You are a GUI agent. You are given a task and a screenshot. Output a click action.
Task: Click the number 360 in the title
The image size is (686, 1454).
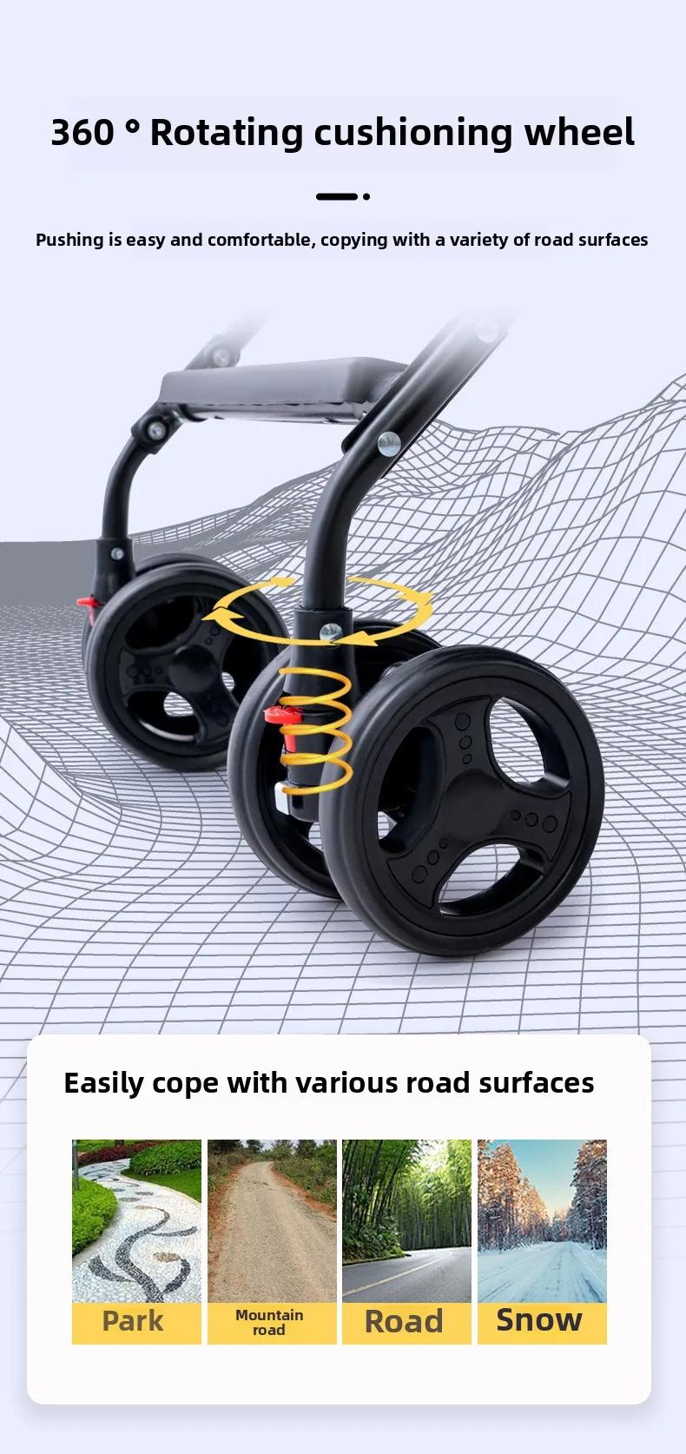tap(82, 132)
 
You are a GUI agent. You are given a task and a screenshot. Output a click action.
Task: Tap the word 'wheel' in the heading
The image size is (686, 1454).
tap(579, 132)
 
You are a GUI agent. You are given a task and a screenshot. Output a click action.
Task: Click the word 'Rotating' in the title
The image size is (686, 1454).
tap(227, 133)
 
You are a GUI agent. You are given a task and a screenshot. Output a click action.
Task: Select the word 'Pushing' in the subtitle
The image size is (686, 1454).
tap(69, 241)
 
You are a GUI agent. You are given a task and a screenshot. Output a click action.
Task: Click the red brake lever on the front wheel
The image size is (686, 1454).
tap(284, 716)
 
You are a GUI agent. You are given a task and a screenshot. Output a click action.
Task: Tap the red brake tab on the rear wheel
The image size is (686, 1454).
tap(88, 604)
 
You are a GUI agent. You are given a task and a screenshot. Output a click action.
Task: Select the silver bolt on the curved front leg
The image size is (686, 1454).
tap(389, 443)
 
